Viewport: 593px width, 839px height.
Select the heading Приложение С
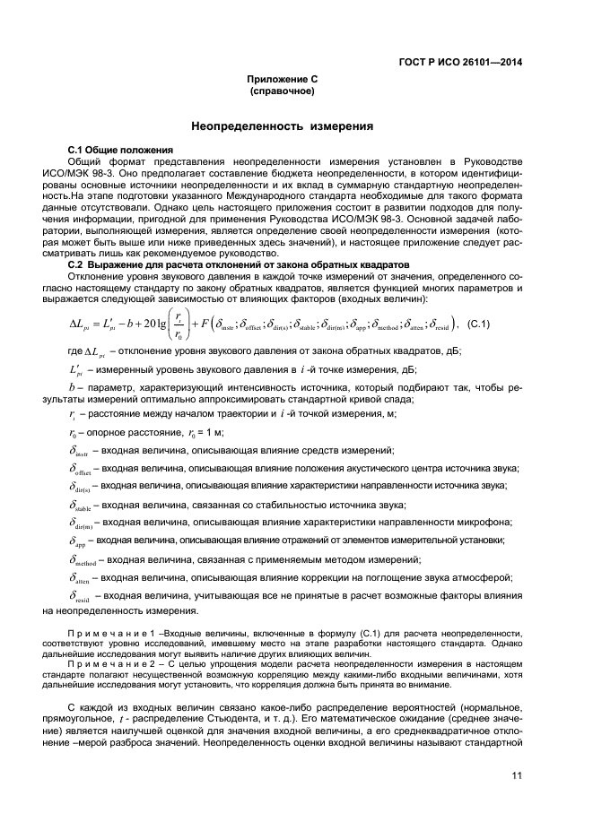pyautogui.click(x=283, y=79)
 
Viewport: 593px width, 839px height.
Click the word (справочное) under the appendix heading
pyautogui.click(x=283, y=91)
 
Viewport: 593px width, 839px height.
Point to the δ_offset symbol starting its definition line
pyautogui.click(x=83, y=469)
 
